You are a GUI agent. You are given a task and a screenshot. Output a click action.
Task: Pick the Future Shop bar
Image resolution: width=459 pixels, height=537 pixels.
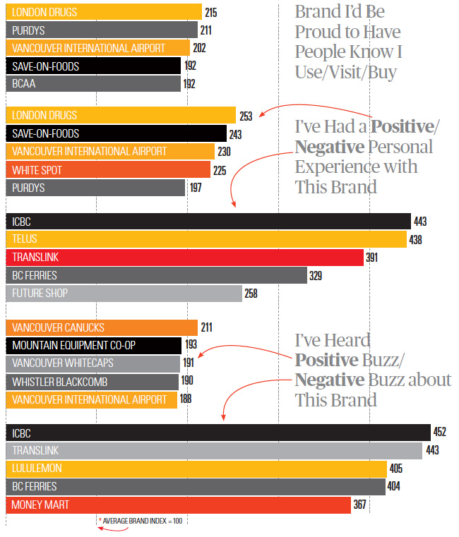(123, 294)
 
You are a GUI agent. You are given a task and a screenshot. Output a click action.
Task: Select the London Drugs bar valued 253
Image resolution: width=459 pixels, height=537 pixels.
(121, 115)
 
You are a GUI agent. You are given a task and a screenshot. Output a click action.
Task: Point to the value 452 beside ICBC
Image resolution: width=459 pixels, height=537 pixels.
(439, 432)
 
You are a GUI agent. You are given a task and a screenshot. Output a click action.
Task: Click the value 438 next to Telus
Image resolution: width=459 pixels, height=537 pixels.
(415, 240)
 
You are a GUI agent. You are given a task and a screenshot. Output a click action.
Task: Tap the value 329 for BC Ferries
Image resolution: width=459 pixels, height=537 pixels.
(316, 276)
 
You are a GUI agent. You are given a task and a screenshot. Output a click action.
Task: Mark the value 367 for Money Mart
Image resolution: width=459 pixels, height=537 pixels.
(360, 505)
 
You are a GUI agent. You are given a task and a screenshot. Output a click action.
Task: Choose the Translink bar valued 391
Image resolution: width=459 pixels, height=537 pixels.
(184, 258)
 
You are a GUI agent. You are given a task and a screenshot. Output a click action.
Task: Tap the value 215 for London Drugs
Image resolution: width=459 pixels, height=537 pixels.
(210, 13)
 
